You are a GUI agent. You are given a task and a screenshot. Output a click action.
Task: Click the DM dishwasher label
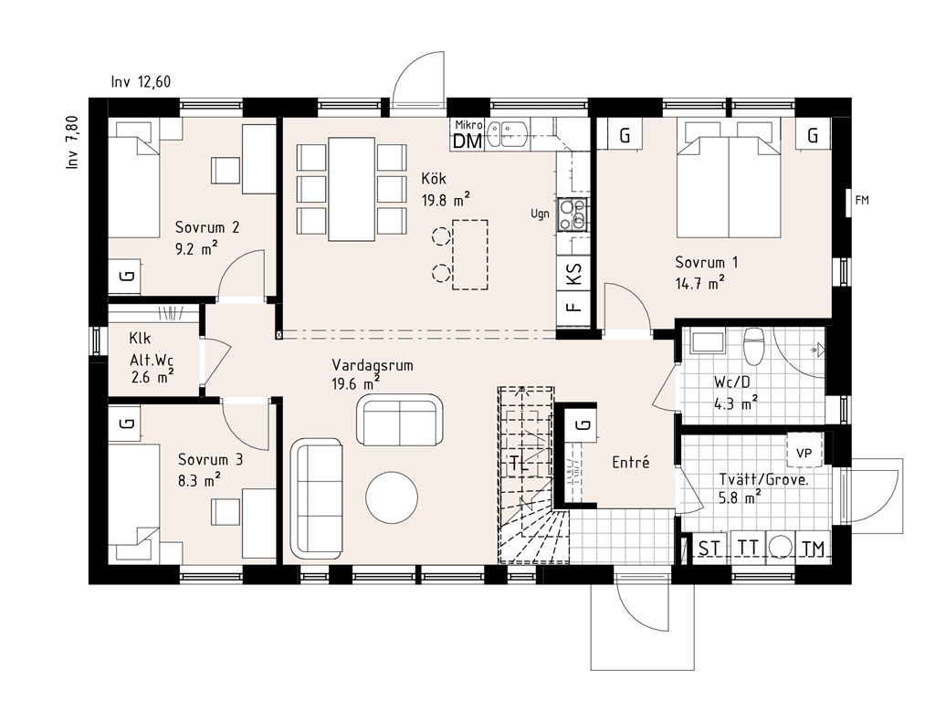pos(467,141)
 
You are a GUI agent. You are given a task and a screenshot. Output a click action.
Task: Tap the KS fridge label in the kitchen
pos(573,274)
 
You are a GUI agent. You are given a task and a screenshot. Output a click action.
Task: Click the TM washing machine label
pos(813,548)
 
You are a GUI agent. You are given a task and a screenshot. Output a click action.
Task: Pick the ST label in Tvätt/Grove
pos(709,548)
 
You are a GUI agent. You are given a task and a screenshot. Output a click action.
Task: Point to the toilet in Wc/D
pos(753,346)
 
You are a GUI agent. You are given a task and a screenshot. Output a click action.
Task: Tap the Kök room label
pos(434,178)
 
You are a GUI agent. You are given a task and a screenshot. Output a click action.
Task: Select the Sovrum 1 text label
pos(707,262)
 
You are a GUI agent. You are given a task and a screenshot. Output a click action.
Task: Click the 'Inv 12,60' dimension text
pos(141,81)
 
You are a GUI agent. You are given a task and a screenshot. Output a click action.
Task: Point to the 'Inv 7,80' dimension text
pos(72,142)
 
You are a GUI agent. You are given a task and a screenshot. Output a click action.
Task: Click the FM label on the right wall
pos(862,200)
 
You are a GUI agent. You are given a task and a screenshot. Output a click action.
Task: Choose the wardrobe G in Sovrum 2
pos(124,276)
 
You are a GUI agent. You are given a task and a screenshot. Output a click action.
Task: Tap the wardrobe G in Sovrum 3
pos(124,424)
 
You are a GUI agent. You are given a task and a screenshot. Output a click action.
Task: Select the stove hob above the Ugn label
pos(573,214)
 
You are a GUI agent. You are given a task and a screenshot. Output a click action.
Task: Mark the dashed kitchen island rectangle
pos(470,255)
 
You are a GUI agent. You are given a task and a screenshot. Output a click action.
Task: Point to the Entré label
pos(631,463)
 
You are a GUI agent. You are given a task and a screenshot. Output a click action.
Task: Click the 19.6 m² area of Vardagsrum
pos(355,383)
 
